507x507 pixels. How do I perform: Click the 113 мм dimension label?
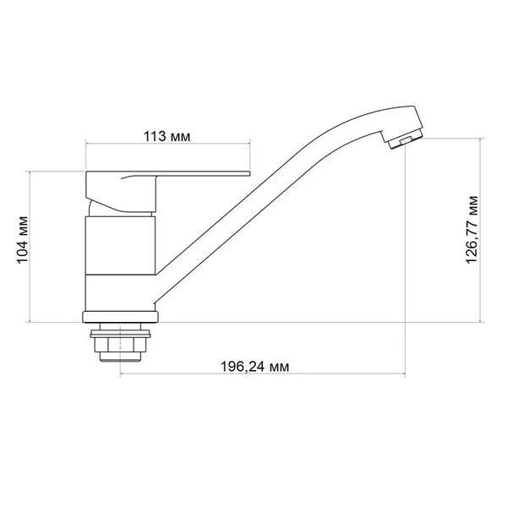(166, 136)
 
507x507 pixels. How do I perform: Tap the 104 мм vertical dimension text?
(23, 240)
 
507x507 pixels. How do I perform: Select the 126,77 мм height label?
(472, 230)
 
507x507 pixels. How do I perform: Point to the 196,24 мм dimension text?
(255, 367)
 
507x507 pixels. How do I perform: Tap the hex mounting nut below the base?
(120, 345)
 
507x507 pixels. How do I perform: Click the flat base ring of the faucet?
(120, 317)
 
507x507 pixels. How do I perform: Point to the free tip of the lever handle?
(250, 174)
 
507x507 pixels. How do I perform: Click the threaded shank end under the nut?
(120, 357)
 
